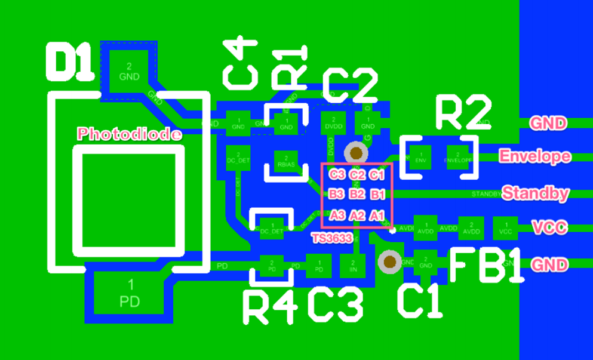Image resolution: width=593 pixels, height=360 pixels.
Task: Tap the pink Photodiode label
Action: click(130, 134)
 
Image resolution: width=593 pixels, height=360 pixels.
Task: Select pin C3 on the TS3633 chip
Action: click(337, 174)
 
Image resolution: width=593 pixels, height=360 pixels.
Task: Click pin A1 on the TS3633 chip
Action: click(376, 215)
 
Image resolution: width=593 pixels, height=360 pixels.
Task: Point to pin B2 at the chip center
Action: click(357, 194)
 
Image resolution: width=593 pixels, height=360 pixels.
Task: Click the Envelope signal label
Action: click(534, 156)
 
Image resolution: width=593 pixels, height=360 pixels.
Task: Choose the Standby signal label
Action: click(535, 193)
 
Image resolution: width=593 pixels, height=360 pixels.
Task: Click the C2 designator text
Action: click(350, 87)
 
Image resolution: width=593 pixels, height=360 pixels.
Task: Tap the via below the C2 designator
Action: click(357, 153)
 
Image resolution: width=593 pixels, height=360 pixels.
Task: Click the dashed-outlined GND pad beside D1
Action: click(129, 70)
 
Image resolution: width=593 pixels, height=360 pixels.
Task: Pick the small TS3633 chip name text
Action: click(332, 238)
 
